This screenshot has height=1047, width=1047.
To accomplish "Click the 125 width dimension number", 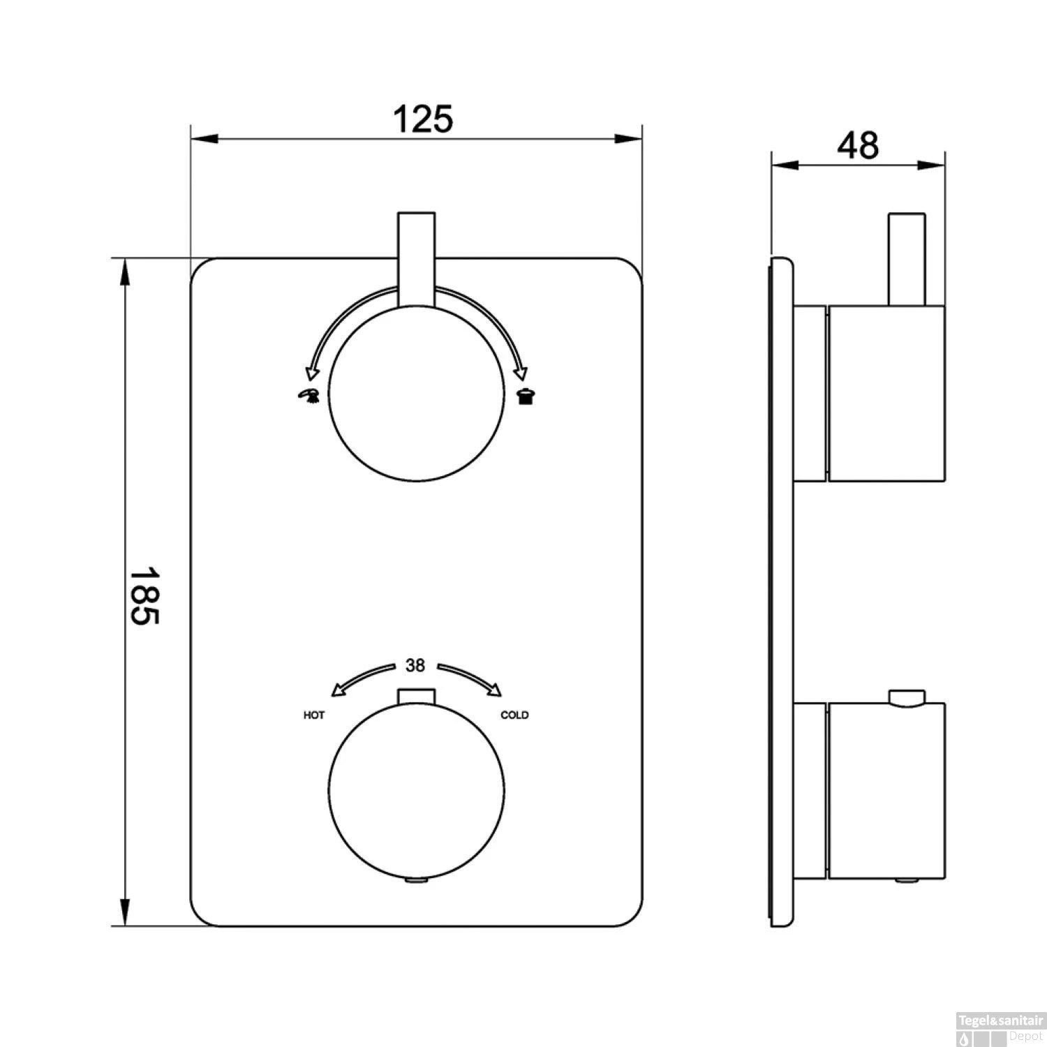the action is pyautogui.click(x=423, y=119).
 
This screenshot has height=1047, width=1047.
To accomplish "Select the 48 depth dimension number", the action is pyautogui.click(x=859, y=146).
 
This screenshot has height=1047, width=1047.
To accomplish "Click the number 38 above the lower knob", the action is pyautogui.click(x=415, y=666).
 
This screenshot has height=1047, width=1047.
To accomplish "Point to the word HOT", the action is pyautogui.click(x=314, y=715).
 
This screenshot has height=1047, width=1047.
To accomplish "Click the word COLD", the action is pyautogui.click(x=515, y=715).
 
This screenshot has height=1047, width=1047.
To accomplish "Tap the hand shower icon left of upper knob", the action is pyautogui.click(x=307, y=396).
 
